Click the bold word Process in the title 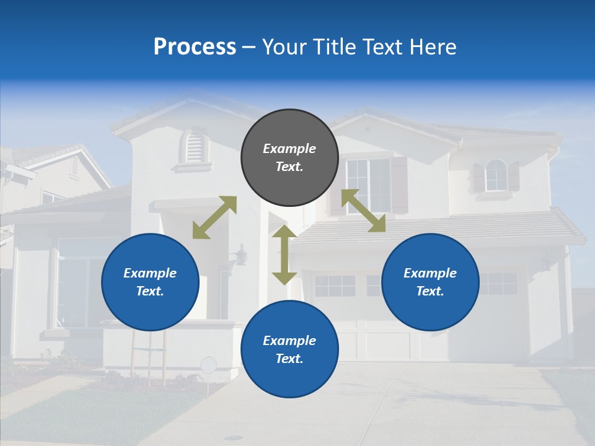coord(195,47)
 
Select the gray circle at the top coord(289,157)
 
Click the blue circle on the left coord(150,282)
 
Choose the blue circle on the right coord(430,282)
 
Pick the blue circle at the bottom coord(289,349)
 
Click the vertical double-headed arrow coord(284,255)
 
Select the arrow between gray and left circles coord(214,217)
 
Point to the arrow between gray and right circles coord(364,211)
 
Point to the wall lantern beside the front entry coord(241,254)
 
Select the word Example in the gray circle coord(289,149)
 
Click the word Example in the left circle coord(150,273)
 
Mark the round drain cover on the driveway coord(234,438)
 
